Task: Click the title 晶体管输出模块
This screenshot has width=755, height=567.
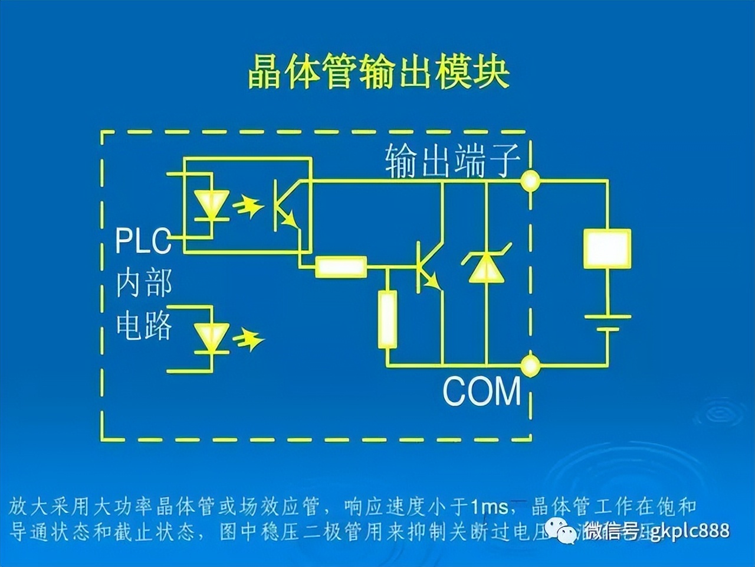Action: pos(378,73)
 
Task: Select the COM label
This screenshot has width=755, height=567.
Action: pos(482,390)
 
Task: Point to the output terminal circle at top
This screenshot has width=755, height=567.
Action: pos(530,181)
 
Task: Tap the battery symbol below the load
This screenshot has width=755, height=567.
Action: pos(607,322)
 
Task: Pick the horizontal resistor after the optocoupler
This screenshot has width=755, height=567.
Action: pos(341,267)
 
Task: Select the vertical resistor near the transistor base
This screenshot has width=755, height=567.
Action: pos(387,320)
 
